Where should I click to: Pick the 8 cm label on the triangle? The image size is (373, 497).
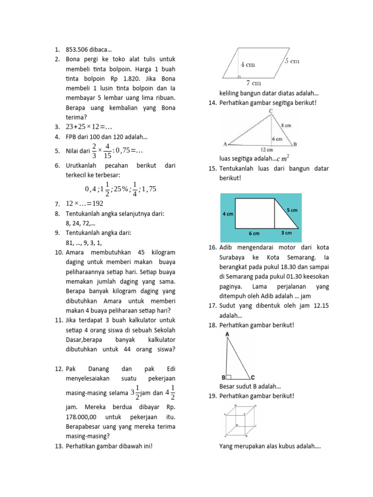(x=288, y=125)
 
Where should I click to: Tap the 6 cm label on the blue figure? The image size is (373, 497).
(x=254, y=233)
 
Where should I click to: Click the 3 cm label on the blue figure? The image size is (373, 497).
(x=287, y=233)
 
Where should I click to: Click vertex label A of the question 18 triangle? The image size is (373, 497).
(x=227, y=334)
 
